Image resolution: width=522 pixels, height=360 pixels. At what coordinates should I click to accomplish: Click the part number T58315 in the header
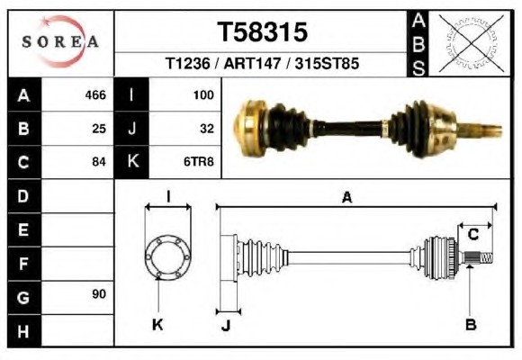click(262, 32)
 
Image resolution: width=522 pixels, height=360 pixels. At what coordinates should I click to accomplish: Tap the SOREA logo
click(60, 41)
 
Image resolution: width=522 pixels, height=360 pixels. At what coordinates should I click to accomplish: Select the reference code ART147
click(252, 63)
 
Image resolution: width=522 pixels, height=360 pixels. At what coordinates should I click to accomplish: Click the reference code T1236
click(188, 63)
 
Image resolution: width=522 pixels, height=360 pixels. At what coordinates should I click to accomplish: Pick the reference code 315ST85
click(327, 63)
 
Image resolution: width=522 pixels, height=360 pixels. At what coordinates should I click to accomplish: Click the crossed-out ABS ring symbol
click(471, 43)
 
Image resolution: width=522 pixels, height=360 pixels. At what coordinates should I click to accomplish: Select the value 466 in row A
click(95, 95)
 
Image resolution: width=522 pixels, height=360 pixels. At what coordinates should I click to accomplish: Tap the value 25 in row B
click(99, 129)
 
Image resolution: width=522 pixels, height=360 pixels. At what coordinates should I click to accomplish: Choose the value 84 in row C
click(99, 162)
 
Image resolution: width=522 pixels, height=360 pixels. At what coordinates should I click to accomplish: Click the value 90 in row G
click(99, 294)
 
